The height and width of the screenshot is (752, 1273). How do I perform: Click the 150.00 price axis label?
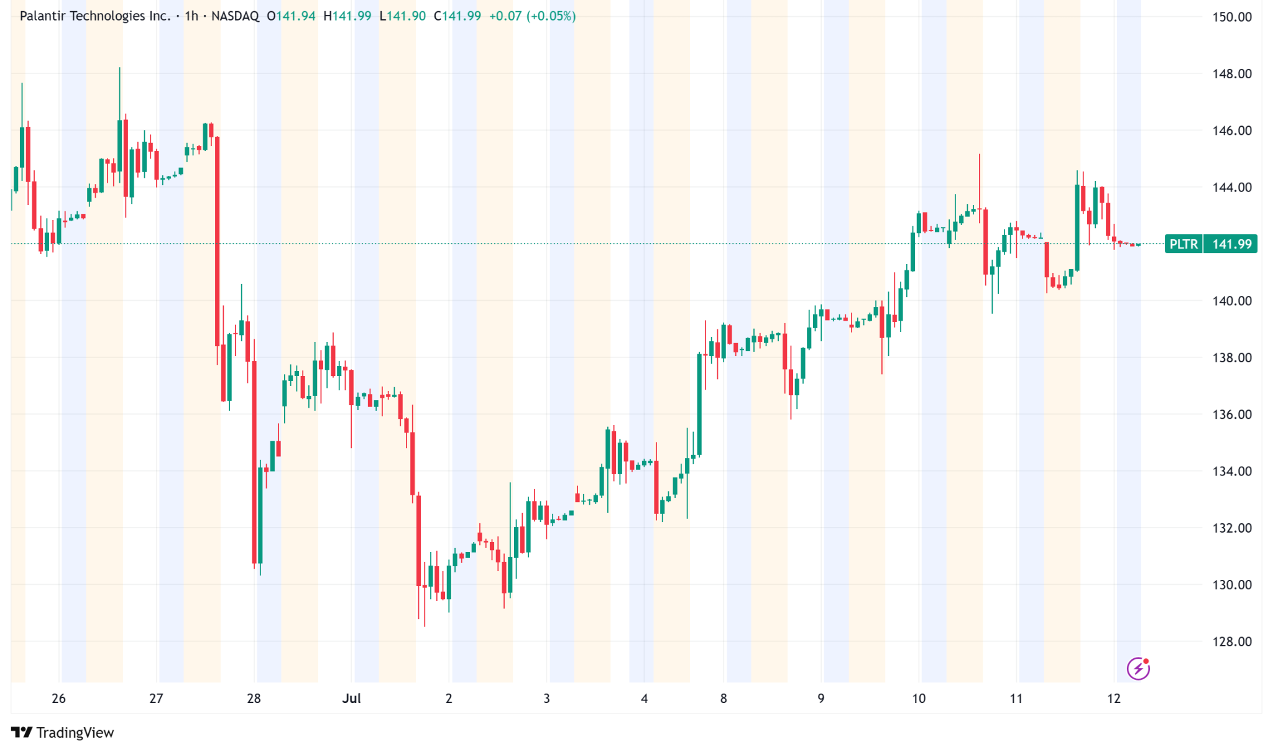click(x=1231, y=17)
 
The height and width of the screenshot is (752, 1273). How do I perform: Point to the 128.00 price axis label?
click(x=1231, y=641)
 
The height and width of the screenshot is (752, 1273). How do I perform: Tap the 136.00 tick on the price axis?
click(x=1231, y=415)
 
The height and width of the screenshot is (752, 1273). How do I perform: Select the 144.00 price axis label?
click(x=1231, y=187)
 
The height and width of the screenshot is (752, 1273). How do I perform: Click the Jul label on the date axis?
click(x=351, y=699)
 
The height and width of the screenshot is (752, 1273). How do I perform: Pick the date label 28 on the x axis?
click(x=254, y=699)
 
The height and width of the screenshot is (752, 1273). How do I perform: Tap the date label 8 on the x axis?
click(x=724, y=699)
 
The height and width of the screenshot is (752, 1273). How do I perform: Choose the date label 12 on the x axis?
click(x=1114, y=699)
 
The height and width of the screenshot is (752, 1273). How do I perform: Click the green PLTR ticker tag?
click(x=1183, y=244)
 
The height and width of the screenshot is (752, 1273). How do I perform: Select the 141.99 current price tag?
click(x=1231, y=244)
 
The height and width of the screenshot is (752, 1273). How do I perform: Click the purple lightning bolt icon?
click(x=1138, y=669)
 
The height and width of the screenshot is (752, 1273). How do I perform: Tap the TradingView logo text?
click(x=75, y=733)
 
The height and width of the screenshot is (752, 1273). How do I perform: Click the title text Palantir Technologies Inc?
click(x=95, y=16)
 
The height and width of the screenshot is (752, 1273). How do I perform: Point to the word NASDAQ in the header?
click(x=235, y=16)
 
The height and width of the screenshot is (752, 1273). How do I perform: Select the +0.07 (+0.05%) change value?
click(x=532, y=16)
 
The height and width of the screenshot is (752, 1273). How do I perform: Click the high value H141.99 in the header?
click(x=347, y=16)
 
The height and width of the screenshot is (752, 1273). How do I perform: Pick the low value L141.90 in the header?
click(x=403, y=16)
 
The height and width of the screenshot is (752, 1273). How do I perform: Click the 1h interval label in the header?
click(x=191, y=16)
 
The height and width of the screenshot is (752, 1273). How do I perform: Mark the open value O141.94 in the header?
click(x=292, y=16)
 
